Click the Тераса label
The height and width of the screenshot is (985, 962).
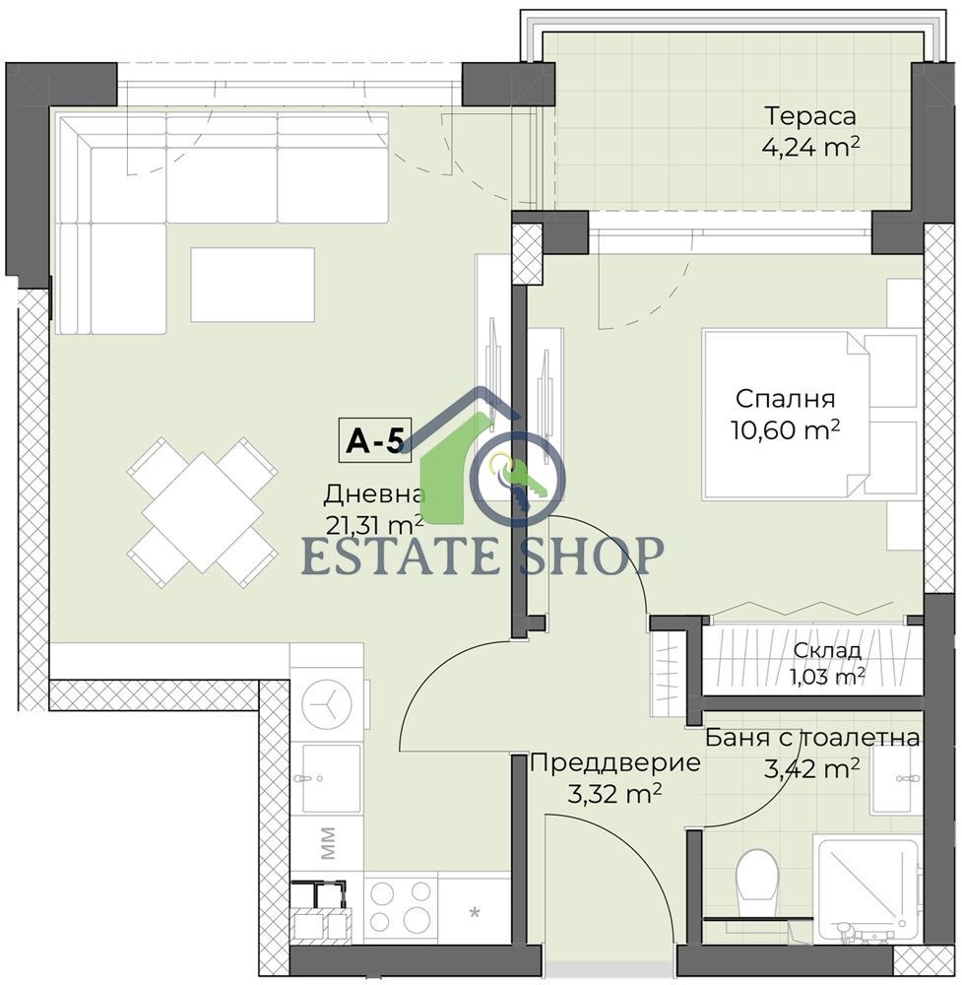point(809,116)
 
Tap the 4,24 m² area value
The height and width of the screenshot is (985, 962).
point(810,148)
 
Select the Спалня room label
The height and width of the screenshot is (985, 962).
point(785,400)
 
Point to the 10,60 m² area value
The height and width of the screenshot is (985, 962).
point(785,430)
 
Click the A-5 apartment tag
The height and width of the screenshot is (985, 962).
point(375,440)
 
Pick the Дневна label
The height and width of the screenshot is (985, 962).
point(374,495)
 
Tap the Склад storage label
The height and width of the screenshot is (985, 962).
point(827,650)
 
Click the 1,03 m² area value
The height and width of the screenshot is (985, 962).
point(827,676)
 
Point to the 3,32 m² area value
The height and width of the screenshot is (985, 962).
point(614,795)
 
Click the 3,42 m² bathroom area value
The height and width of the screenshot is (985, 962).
point(811,768)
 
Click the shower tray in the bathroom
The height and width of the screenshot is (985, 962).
point(866,888)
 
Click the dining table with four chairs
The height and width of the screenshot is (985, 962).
point(202,512)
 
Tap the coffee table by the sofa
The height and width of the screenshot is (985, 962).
point(252,285)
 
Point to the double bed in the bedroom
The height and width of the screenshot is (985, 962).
point(810,415)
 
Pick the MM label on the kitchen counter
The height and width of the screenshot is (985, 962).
point(327,843)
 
